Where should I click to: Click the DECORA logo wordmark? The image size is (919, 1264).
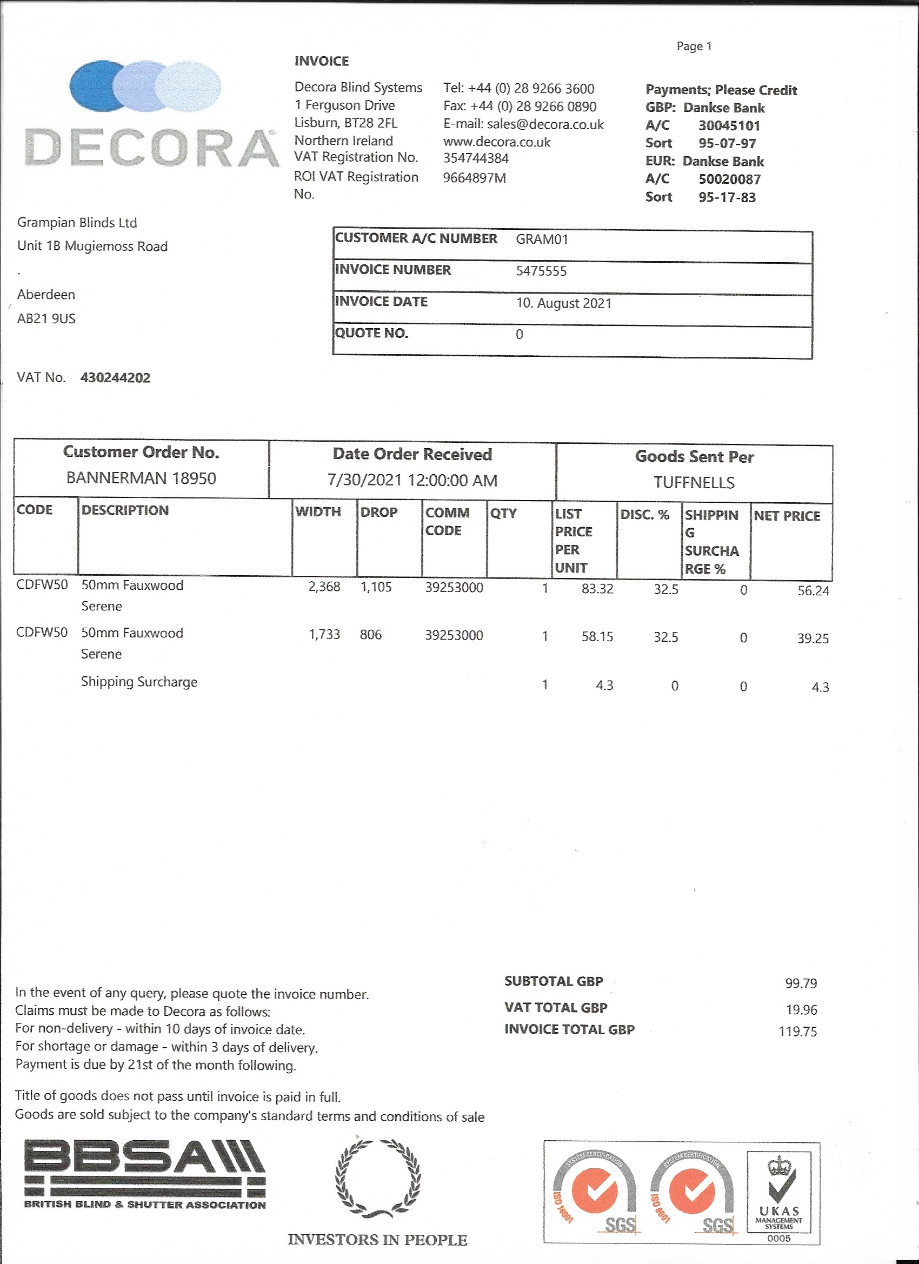[x=151, y=148]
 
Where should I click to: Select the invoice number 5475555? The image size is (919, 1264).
[x=541, y=271]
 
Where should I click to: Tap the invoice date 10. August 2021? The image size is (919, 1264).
[x=563, y=303]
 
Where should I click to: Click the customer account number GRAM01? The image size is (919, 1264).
[x=542, y=240]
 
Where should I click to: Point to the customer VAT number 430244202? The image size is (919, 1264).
[x=115, y=378]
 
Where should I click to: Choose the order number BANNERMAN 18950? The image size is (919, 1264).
[x=141, y=478]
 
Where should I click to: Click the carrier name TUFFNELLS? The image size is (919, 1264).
[x=694, y=483]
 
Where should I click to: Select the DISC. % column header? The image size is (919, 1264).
[x=644, y=514]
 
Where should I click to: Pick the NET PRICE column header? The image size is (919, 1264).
[x=787, y=516]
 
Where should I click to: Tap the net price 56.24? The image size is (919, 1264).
[x=813, y=591]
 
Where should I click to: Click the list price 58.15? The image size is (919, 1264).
[x=597, y=636]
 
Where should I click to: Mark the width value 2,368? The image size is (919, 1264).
[x=324, y=587]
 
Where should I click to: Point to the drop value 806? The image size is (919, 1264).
[x=371, y=635]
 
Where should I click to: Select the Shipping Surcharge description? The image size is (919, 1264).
[x=139, y=682]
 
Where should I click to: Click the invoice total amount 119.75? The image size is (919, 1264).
[x=797, y=1032]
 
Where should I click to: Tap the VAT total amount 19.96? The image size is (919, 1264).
[x=801, y=1010]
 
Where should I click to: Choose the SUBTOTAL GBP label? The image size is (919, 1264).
[x=554, y=981]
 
